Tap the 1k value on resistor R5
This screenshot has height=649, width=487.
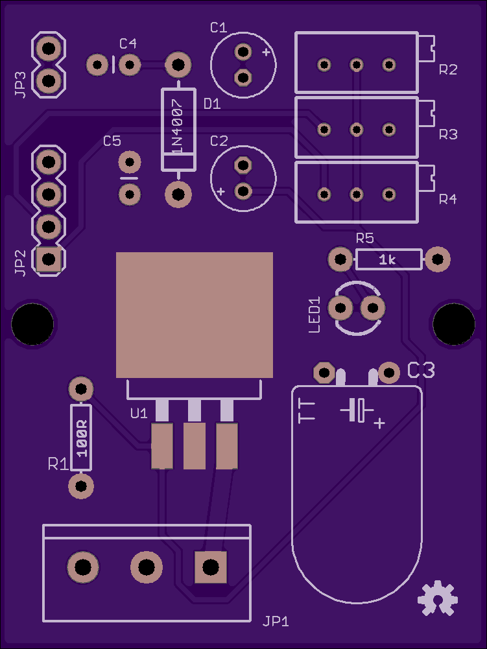click(x=388, y=260)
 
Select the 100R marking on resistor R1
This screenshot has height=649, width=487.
click(x=82, y=438)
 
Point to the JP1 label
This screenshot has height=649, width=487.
click(x=276, y=621)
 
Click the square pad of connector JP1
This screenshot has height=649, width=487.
click(x=211, y=567)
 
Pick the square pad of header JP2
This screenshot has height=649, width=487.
click(x=49, y=259)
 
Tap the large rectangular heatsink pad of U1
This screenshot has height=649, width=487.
click(x=195, y=315)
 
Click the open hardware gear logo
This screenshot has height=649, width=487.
click(x=437, y=598)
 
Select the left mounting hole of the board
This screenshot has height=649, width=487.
click(x=32, y=324)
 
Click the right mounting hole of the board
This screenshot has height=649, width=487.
click(x=454, y=324)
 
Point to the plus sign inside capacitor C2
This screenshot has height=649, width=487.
click(x=221, y=192)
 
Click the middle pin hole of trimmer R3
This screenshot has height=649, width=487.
click(x=357, y=130)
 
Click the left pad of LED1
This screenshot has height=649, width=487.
click(x=340, y=308)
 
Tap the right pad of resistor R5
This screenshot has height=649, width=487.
click(x=438, y=259)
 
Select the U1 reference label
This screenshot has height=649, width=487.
click(x=139, y=413)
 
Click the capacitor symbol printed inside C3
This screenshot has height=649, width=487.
click(x=357, y=410)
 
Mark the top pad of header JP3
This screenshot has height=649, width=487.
click(x=49, y=49)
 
